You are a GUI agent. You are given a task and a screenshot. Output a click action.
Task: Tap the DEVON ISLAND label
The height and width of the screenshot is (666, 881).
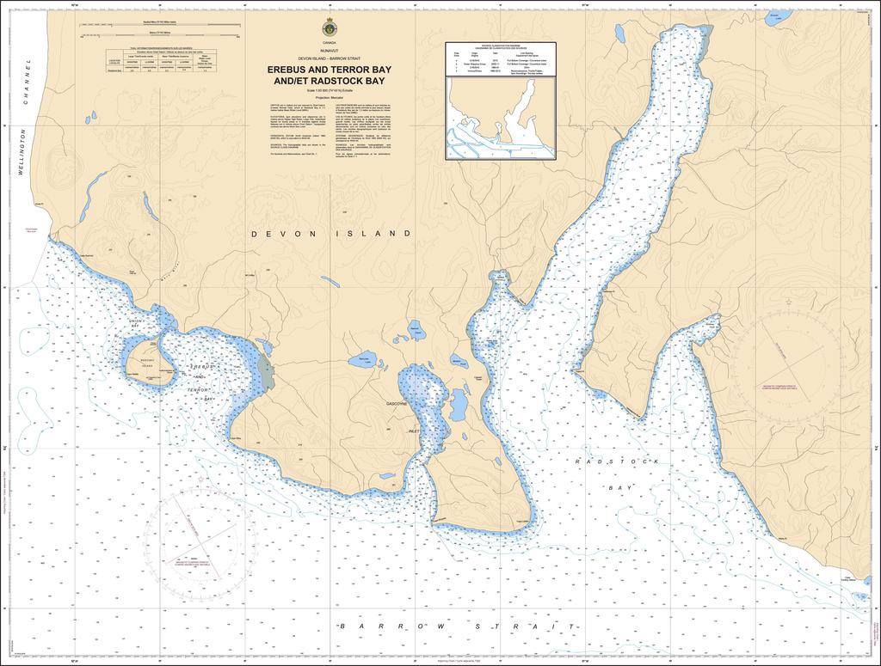click(x=331, y=234)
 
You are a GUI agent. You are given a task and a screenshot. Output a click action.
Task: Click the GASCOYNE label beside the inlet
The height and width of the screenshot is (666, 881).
click(x=402, y=403)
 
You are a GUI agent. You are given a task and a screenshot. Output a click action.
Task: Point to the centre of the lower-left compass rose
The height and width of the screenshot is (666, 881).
click(x=197, y=543)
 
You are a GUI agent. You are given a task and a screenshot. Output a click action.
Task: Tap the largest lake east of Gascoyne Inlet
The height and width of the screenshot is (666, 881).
click(x=459, y=403)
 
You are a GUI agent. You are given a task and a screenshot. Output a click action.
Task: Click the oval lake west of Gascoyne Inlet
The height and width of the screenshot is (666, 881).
click(x=362, y=360)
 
